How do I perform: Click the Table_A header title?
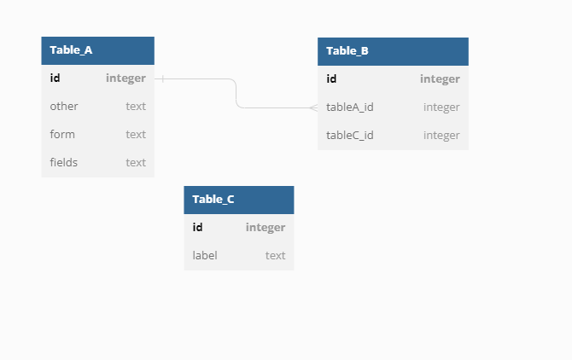pyautogui.click(x=71, y=50)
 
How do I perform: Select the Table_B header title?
pyautogui.click(x=347, y=51)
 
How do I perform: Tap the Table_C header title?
pyautogui.click(x=213, y=200)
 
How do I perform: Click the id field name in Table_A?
pyautogui.click(x=55, y=78)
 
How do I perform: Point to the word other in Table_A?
pyautogui.click(x=64, y=107)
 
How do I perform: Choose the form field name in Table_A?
pyautogui.click(x=62, y=134)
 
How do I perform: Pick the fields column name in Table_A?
pyautogui.click(x=64, y=162)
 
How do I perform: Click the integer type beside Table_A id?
pyautogui.click(x=125, y=78)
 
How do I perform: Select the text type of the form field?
pyautogui.click(x=136, y=134)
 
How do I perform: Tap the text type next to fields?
pyautogui.click(x=136, y=162)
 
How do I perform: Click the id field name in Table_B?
pyautogui.click(x=331, y=79)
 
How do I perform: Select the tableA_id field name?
pyautogui.click(x=350, y=107)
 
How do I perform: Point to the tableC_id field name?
pyautogui.click(x=350, y=135)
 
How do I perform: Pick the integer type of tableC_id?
pyautogui.click(x=441, y=135)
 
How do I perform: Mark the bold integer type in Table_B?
pyautogui.click(x=440, y=79)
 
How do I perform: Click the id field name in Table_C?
pyautogui.click(x=197, y=227)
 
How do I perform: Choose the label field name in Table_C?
pyautogui.click(x=205, y=255)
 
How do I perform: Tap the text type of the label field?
pyautogui.click(x=275, y=255)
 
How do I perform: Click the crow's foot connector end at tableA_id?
pyautogui.click(x=313, y=108)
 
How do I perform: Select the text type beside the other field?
pyautogui.click(x=136, y=107)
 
